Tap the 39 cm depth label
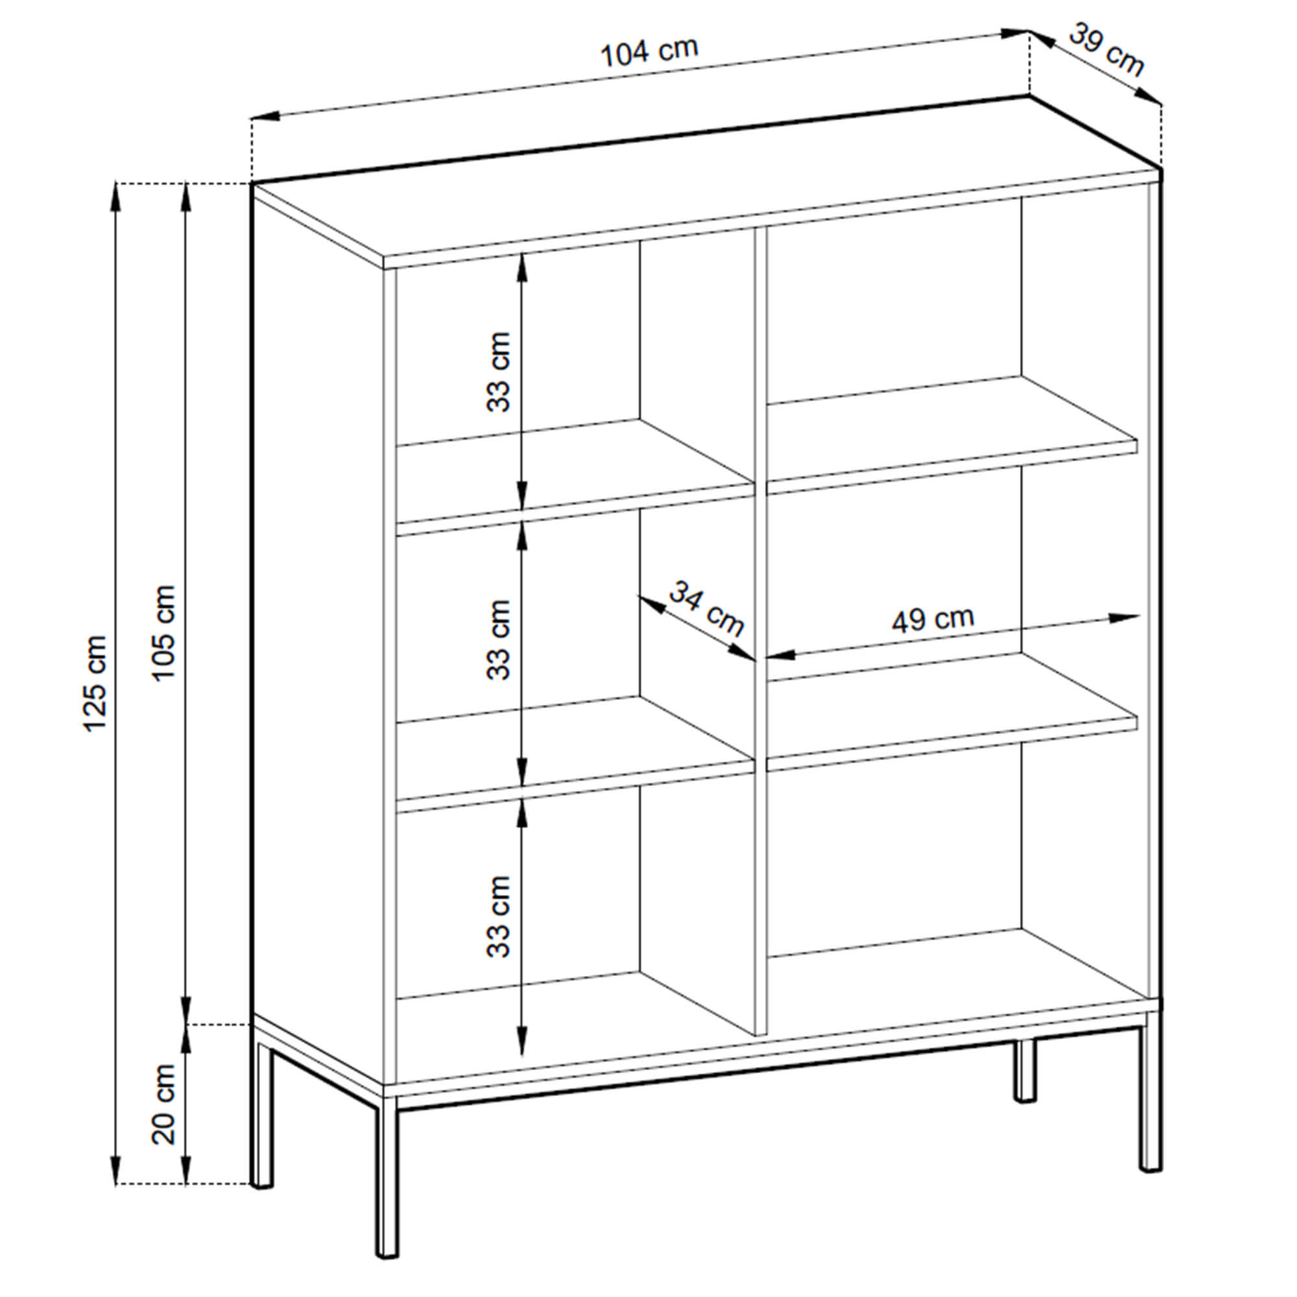coord(1106,50)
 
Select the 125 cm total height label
coord(95,684)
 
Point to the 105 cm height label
coord(163,633)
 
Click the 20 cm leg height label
coord(163,1104)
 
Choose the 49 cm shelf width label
coord(933,619)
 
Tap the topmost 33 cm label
coord(499,371)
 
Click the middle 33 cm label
coord(499,640)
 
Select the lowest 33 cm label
coord(499,916)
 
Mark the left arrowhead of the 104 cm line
coord(266,117)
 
